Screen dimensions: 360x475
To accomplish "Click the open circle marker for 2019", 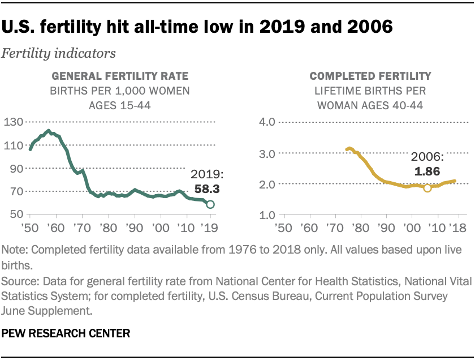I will pyautogui.click(x=210, y=204).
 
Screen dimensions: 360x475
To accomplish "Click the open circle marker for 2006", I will pyautogui.click(x=427, y=188).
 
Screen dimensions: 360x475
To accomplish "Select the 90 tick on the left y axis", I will pyautogui.click(x=17, y=169).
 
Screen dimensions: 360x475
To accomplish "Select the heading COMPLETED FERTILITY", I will pyautogui.click(x=371, y=76).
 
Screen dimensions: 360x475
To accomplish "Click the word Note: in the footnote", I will pyautogui.click(x=18, y=250).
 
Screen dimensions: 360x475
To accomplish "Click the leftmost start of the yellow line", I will pyautogui.click(x=347, y=149).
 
